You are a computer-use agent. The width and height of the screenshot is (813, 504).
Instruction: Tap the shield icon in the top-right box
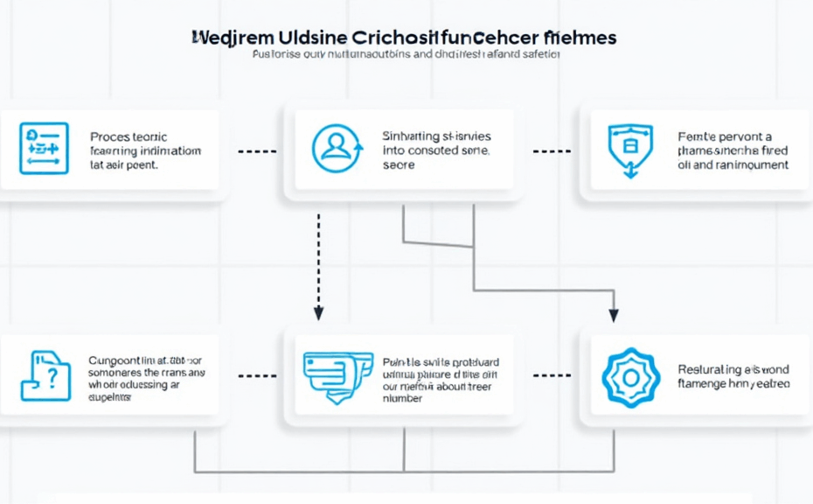pyautogui.click(x=630, y=148)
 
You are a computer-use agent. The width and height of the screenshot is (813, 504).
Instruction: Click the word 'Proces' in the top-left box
pyautogui.click(x=109, y=137)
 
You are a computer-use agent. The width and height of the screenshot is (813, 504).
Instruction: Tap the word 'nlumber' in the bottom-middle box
pyautogui.click(x=402, y=398)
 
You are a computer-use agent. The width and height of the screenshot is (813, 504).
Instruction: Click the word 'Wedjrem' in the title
pyautogui.click(x=230, y=38)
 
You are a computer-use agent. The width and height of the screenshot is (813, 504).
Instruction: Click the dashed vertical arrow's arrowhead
pyautogui.click(x=318, y=312)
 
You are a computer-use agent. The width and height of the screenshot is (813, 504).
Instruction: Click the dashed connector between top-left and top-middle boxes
pyautogui.click(x=256, y=150)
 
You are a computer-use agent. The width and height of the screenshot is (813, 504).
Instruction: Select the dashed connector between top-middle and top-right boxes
pyautogui.click(x=551, y=150)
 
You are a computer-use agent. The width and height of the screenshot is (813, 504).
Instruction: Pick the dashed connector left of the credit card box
pyautogui.click(x=256, y=375)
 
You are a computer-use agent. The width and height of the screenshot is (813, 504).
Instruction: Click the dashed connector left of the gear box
pyautogui.click(x=551, y=375)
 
